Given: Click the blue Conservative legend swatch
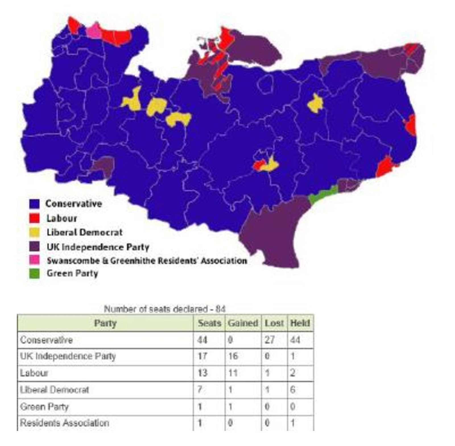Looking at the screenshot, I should pyautogui.click(x=34, y=204).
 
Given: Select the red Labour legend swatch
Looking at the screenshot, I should pyautogui.click(x=34, y=218).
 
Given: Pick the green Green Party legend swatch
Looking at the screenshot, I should pyautogui.click(x=34, y=273).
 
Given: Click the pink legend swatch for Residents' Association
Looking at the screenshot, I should pyautogui.click(x=34, y=260).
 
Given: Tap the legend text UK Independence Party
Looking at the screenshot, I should pyautogui.click(x=98, y=247).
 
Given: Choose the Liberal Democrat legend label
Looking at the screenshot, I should pyautogui.click(x=84, y=232).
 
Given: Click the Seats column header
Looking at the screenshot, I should pyautogui.click(x=209, y=323).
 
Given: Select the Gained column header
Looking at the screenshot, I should pyautogui.click(x=243, y=323).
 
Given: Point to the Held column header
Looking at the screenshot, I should pyautogui.click(x=300, y=323).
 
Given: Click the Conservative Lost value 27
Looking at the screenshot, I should pyautogui.click(x=269, y=340).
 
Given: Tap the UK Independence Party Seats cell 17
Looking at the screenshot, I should pyautogui.click(x=202, y=356).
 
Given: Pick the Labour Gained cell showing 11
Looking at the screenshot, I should pyautogui.click(x=233, y=373).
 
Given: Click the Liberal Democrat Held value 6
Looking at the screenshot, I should pyautogui.click(x=293, y=390).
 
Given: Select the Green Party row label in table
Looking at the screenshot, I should pyautogui.click(x=44, y=406).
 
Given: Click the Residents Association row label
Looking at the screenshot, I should pyautogui.click(x=65, y=423).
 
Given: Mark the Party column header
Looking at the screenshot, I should pyautogui.click(x=105, y=323).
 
